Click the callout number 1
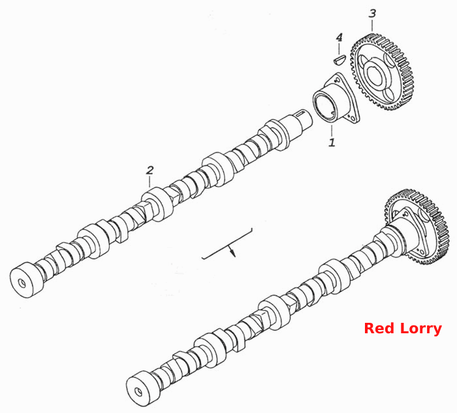tap(332, 142)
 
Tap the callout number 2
tap(150, 170)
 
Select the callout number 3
tap(372, 14)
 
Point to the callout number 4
tap(339, 37)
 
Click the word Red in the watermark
tap(379, 328)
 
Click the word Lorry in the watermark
tap(421, 329)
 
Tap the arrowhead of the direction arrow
tap(232, 252)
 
